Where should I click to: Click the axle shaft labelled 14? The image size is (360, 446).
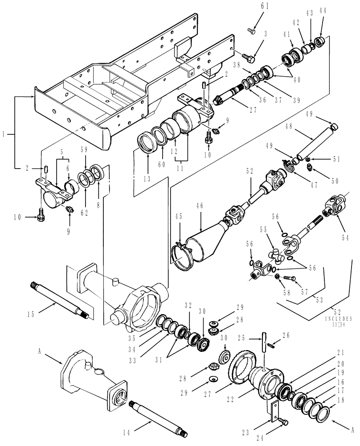[x=158, y=418]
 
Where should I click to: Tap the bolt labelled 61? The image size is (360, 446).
[x=252, y=31]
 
